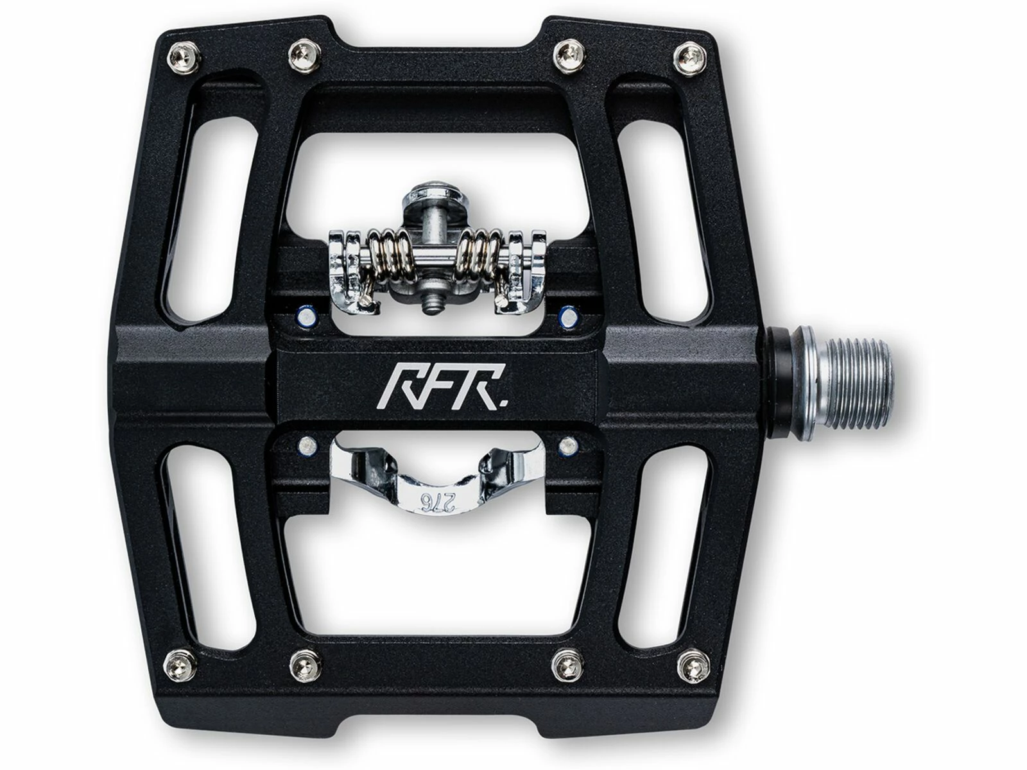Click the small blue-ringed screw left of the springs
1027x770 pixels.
tap(305, 316)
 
